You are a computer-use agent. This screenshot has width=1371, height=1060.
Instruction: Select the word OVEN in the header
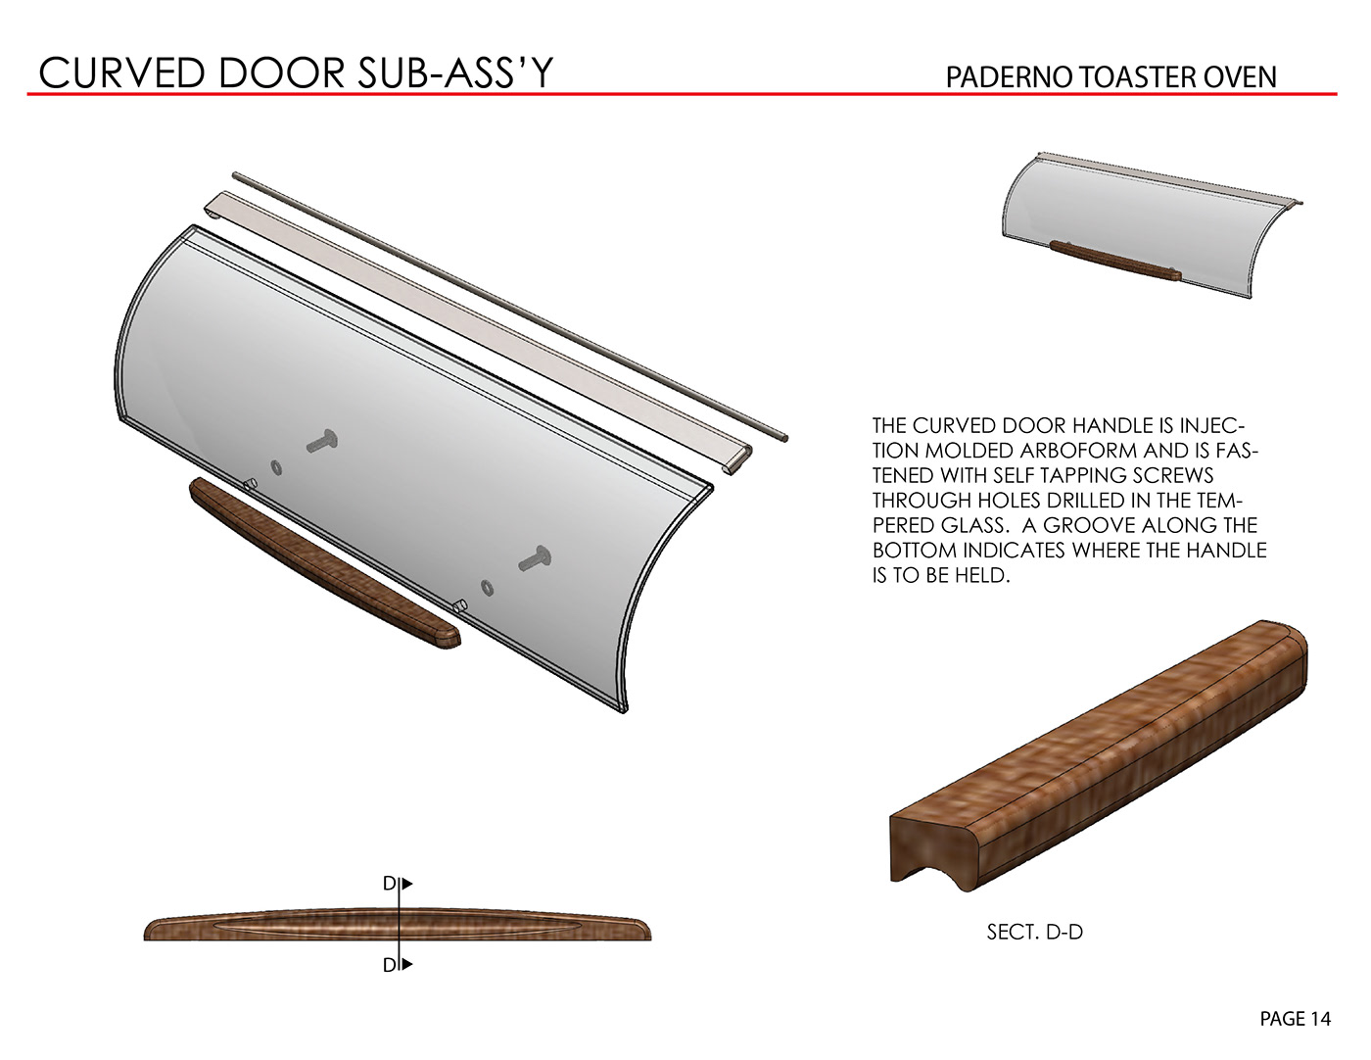(1240, 77)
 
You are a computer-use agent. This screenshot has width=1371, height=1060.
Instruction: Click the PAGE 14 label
(1295, 1019)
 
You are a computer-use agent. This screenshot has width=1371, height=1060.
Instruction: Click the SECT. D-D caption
(1034, 933)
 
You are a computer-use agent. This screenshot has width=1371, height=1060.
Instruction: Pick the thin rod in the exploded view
(509, 305)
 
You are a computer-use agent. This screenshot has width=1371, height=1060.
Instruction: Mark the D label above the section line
(390, 884)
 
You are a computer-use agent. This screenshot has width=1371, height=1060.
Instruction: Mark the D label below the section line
(390, 965)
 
